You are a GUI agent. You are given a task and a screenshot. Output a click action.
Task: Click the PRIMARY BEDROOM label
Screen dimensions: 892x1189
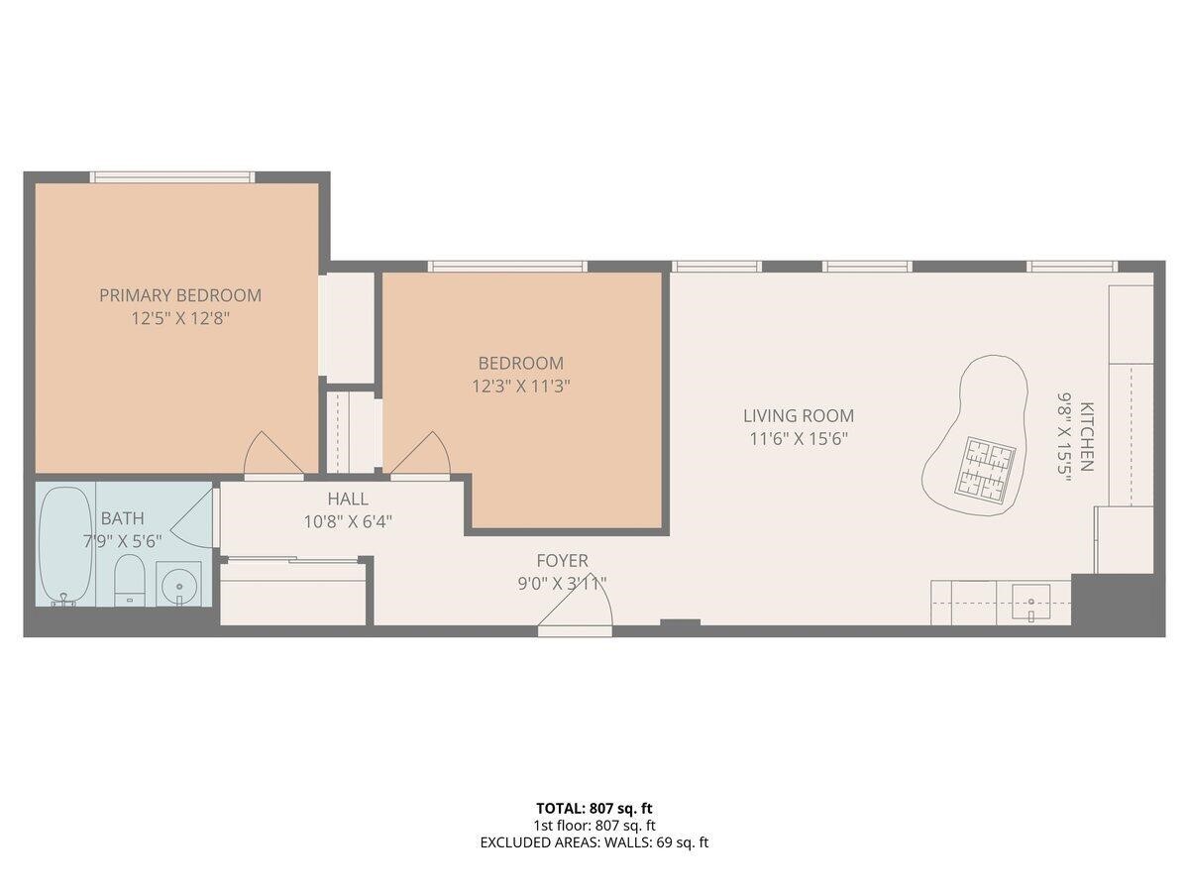(x=180, y=295)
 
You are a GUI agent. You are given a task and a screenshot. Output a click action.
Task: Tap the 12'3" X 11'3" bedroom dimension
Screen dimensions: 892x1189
(x=520, y=387)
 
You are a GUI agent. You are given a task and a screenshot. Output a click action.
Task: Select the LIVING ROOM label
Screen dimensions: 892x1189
(x=799, y=416)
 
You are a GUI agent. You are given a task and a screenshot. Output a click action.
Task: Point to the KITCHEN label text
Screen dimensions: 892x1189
(x=1087, y=436)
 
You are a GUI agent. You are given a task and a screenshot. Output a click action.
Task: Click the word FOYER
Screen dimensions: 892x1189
(x=562, y=561)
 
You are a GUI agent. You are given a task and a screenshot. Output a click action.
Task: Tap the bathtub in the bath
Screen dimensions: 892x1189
(x=65, y=545)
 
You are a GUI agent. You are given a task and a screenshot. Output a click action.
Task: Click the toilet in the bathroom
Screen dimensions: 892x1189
(x=130, y=580)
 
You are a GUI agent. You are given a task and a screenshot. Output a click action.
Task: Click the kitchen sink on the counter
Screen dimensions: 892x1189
(x=1031, y=600)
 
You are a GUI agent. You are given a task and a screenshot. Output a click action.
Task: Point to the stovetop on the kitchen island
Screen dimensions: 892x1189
(x=986, y=469)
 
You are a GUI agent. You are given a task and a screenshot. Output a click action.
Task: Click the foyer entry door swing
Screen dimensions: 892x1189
(x=580, y=605)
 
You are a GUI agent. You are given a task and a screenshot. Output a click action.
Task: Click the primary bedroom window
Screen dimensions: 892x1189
(x=172, y=177)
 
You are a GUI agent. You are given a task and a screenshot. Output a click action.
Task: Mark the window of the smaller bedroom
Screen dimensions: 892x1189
(x=507, y=267)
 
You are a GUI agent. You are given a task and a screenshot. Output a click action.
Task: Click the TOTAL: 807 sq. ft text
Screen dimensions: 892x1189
(x=594, y=808)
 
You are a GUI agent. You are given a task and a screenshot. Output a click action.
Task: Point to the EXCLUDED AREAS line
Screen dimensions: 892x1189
(x=594, y=842)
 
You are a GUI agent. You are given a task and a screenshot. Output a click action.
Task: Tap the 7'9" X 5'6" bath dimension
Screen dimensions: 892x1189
(x=122, y=540)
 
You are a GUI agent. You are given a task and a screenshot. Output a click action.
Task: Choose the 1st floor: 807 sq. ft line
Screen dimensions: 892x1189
(x=594, y=825)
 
